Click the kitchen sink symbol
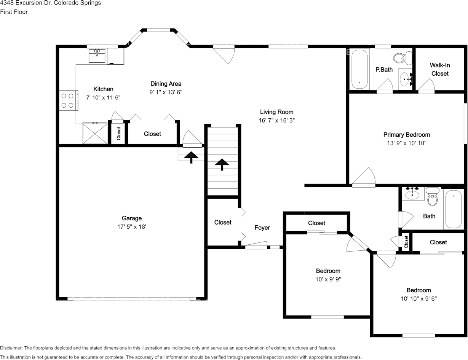tap(97, 56)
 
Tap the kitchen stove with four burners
tap(68, 100)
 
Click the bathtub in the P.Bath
tap(359, 69)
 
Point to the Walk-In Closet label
tap(440, 69)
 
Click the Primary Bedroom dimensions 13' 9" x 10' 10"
tap(406, 143)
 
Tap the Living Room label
tap(276, 112)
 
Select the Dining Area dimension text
tap(166, 92)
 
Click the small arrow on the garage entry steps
tap(191, 156)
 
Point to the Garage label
tap(132, 218)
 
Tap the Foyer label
tap(262, 228)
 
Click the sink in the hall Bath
tap(412, 194)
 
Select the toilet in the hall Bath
tap(432, 197)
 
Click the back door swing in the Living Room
tap(225, 54)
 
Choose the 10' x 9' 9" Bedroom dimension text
tap(328, 279)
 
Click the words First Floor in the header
tap(14, 12)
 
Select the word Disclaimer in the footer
tap(11, 348)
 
